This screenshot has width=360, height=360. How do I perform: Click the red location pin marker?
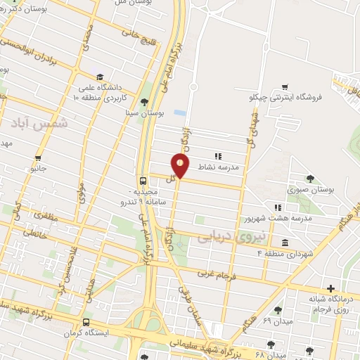[x=181, y=165]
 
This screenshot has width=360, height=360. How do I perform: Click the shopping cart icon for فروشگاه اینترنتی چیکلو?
[x=284, y=86]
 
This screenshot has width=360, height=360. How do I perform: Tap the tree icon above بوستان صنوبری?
[x=311, y=179]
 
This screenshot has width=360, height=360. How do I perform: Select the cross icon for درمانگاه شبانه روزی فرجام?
[x=331, y=288]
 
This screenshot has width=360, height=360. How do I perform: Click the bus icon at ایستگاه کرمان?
[x=86, y=322]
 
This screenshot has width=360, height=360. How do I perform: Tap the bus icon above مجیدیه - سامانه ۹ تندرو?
[x=143, y=180]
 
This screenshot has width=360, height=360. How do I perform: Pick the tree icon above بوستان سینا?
[x=145, y=101]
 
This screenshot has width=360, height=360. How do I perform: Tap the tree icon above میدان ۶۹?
[x=278, y=309]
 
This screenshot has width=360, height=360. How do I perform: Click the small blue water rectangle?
[x=180, y=112]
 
